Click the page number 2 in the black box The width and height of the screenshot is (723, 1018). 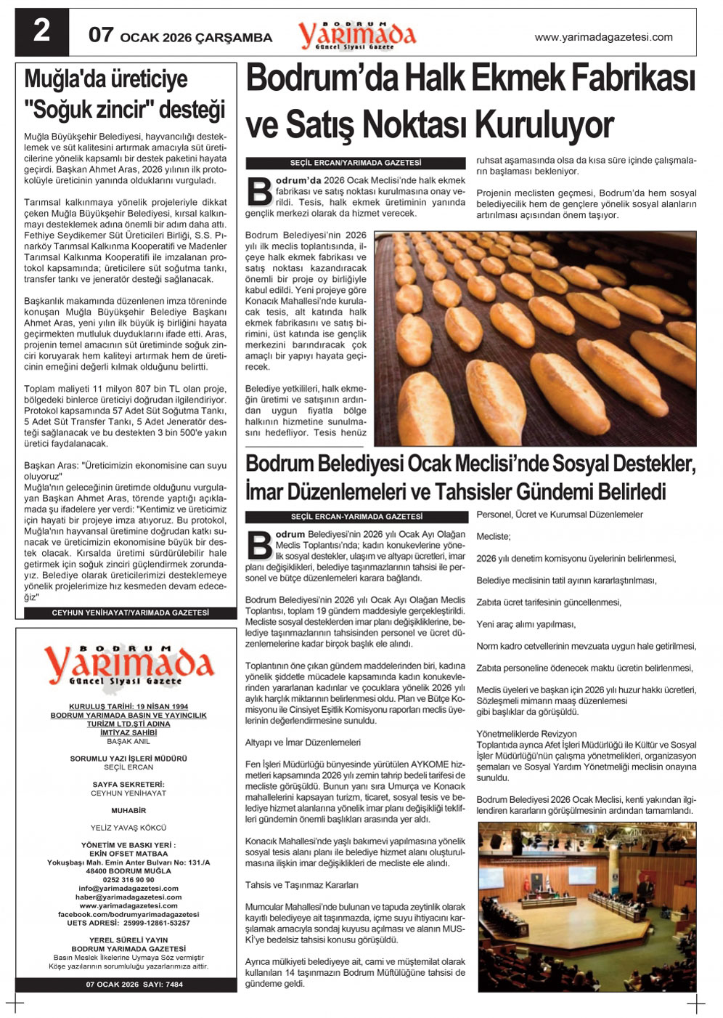(x=42, y=32)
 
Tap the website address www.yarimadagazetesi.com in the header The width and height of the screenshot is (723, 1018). (x=603, y=37)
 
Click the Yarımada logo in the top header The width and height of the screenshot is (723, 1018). (x=356, y=35)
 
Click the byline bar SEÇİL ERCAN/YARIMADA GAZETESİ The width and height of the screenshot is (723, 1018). (x=356, y=163)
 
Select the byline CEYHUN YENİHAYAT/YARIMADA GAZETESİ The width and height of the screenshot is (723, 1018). (x=130, y=613)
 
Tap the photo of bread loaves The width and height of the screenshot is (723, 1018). (x=535, y=338)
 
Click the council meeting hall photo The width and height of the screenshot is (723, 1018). (x=587, y=906)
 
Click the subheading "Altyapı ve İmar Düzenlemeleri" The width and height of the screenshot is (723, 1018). (x=303, y=743)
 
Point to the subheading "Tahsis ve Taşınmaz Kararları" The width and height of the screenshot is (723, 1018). (x=301, y=885)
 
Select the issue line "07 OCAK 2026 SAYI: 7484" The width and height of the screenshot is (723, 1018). (x=134, y=985)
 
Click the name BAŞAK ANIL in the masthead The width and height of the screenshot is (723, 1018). (x=128, y=742)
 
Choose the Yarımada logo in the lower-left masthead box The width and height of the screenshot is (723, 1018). (x=128, y=665)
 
